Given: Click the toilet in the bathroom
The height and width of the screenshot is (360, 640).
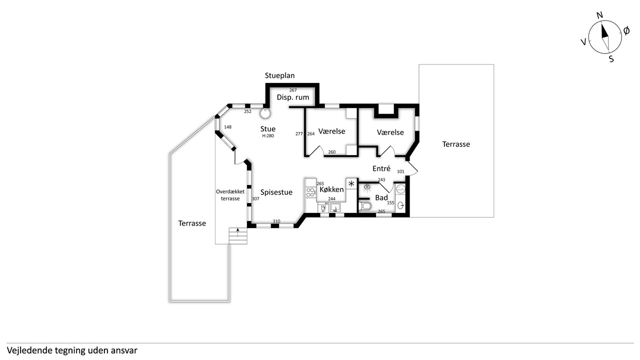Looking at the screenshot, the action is (x=365, y=205).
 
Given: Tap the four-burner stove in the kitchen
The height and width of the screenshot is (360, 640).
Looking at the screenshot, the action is (x=310, y=191).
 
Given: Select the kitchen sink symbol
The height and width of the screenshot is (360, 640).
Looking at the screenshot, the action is (x=335, y=207).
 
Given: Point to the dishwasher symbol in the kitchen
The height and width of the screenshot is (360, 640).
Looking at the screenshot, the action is (x=323, y=207).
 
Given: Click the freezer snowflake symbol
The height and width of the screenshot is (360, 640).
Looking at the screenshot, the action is (x=351, y=183).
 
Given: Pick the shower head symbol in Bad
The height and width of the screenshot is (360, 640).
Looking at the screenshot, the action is (x=367, y=187).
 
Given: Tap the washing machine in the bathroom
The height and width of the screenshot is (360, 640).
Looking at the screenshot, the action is (x=401, y=189).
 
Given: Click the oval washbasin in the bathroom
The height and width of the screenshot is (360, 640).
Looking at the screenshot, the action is (x=401, y=205).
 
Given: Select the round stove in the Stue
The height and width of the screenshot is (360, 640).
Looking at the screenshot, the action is (x=265, y=113).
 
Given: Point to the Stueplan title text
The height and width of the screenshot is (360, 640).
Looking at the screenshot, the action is (x=279, y=75).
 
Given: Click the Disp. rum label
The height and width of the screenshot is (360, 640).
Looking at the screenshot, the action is (x=293, y=97).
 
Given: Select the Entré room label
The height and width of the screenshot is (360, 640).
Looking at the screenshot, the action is (x=381, y=168).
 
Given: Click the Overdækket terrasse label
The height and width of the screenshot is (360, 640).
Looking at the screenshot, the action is (x=230, y=195).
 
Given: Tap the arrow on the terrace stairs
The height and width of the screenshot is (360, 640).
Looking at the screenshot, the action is (x=237, y=232).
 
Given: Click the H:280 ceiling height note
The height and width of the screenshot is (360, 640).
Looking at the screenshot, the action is (x=268, y=136).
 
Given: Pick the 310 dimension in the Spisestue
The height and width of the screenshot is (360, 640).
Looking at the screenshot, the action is (x=276, y=221).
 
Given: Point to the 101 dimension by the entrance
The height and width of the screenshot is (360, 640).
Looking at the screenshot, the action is (x=400, y=171).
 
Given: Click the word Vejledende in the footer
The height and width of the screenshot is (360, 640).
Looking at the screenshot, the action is (x=25, y=350).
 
